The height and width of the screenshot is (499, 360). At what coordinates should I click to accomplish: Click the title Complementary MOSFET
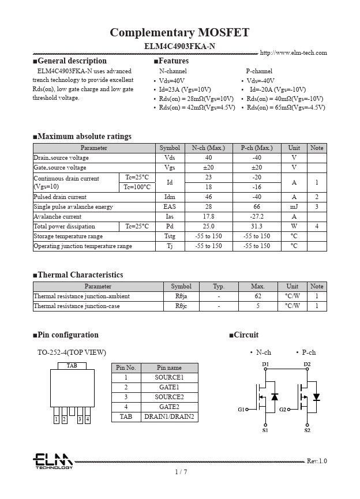click(179, 32)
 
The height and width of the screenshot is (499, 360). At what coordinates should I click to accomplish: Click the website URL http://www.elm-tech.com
click(293, 53)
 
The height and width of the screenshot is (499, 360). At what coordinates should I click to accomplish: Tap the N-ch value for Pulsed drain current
click(208, 197)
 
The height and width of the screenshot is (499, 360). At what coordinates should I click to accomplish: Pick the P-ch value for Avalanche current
click(257, 216)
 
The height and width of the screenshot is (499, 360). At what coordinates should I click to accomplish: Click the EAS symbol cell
click(170, 207)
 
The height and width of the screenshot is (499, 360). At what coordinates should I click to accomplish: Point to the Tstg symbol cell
click(170, 236)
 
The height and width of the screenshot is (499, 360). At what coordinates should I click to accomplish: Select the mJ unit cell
click(294, 207)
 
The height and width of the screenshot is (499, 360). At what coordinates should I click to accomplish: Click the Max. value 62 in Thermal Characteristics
click(258, 296)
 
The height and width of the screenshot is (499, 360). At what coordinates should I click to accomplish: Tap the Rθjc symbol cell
click(181, 306)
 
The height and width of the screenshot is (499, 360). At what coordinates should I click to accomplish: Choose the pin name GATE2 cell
click(169, 407)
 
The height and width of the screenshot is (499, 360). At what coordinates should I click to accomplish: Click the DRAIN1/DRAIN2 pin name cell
click(169, 417)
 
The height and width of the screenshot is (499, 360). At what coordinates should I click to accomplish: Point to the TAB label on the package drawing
click(72, 366)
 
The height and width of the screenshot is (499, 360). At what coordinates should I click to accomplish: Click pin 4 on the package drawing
click(87, 419)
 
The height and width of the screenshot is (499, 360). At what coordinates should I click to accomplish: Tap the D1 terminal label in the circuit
click(265, 365)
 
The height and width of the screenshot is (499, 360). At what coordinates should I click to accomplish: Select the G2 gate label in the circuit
click(283, 410)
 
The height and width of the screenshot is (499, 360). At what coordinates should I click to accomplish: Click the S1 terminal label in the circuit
click(265, 430)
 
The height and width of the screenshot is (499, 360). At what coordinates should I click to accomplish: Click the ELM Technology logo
click(52, 461)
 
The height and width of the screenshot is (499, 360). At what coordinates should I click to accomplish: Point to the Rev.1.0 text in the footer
click(317, 461)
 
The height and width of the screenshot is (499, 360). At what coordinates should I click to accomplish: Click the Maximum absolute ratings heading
click(82, 137)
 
